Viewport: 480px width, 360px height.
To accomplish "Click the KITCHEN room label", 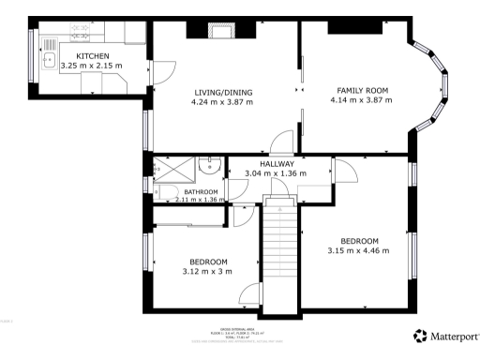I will pos(92,56).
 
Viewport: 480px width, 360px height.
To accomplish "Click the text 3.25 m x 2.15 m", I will pos(92,67).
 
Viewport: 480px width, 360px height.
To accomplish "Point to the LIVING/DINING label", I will pos(224,93).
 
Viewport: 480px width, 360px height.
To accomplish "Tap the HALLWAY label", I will pos(277,164).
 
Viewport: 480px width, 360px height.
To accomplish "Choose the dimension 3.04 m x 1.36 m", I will pos(277,173).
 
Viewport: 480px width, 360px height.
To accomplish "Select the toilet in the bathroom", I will pos(168,193).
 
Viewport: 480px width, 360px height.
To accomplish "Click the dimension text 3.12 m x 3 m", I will pos(208,272).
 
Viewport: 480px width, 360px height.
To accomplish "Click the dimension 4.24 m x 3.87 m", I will pos(224,102).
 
